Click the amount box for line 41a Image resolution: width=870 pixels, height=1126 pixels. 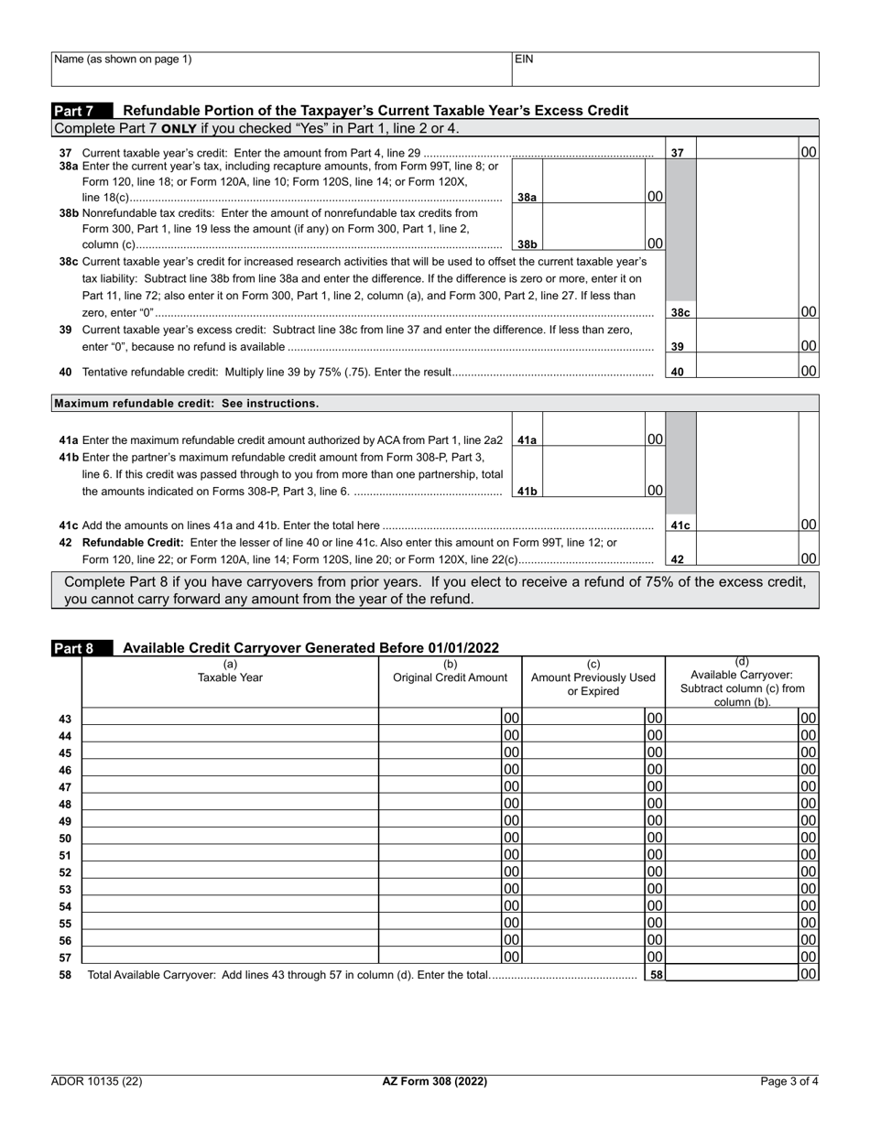pos(594,439)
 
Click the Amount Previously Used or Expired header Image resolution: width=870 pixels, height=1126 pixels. pos(593,678)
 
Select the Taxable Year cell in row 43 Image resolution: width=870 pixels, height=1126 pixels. pos(230,719)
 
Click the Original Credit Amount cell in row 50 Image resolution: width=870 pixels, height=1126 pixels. pos(440,838)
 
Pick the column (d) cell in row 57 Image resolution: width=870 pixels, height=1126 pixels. pos(733,957)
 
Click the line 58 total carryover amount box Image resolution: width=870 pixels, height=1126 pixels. pos(733,975)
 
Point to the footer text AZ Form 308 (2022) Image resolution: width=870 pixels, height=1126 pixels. pos(434,1081)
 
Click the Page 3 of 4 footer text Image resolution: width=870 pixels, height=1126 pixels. pos(789,1081)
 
